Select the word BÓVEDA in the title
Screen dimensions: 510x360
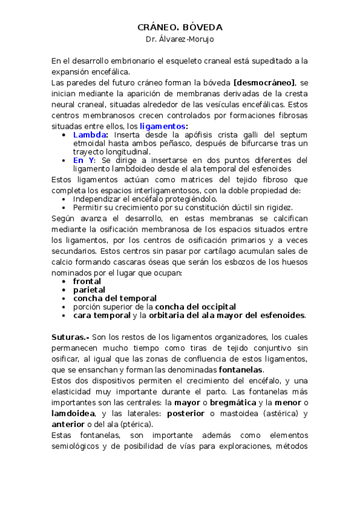click(203, 28)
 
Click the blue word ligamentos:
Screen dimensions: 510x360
click(163, 126)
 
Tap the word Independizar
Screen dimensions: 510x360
click(98, 198)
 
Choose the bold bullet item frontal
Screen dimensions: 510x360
click(87, 281)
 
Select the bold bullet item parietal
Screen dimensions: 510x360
click(89, 289)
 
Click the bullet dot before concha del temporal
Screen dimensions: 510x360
click(64, 298)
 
